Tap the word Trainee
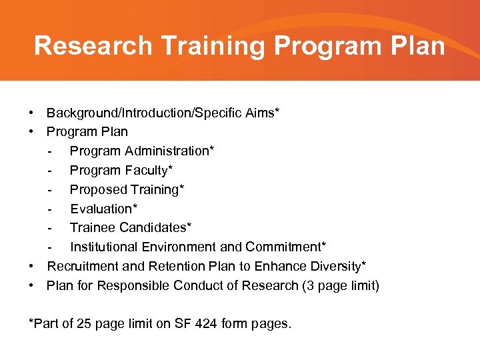91,228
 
